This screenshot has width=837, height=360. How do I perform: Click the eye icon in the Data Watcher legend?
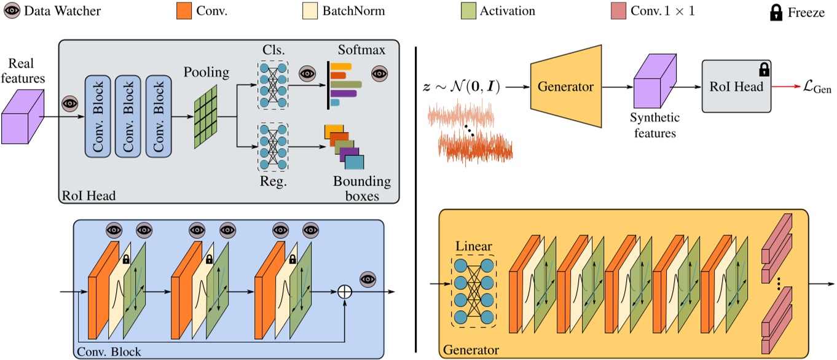point(12,11)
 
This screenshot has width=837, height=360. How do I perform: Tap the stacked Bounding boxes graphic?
point(344,148)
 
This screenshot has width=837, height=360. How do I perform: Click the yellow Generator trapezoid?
point(565,87)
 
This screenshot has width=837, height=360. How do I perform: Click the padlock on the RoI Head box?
point(764,68)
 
